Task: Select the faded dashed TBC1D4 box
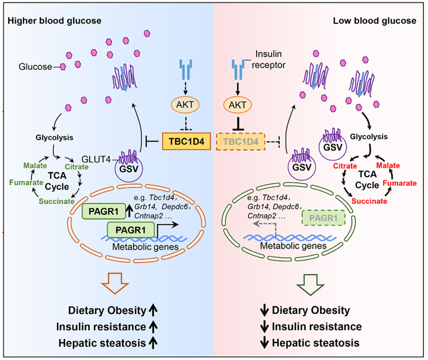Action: pos(241,140)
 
